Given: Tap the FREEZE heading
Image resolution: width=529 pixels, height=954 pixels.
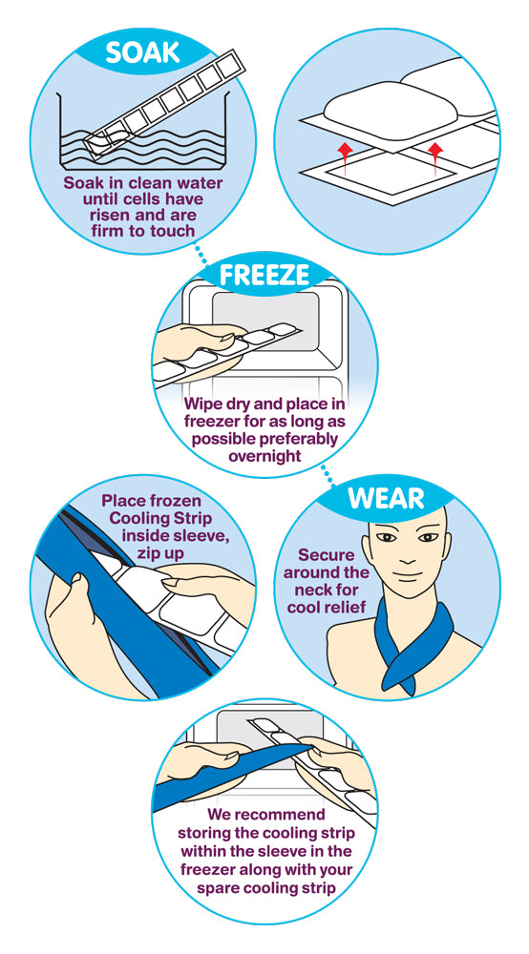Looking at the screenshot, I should (264, 275).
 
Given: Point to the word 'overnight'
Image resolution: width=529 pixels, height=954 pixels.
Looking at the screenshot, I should (264, 456).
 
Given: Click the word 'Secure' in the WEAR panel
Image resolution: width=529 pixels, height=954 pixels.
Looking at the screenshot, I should (326, 554).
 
